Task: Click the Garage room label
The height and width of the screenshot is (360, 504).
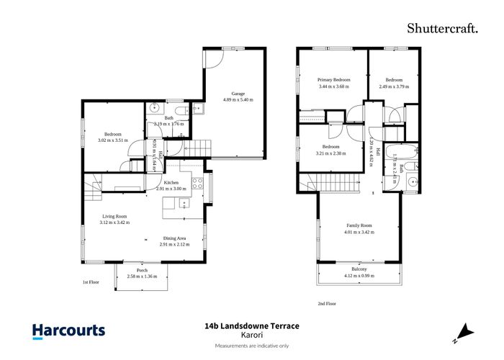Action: click(x=237, y=92)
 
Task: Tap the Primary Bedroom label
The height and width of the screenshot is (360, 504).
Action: click(x=333, y=80)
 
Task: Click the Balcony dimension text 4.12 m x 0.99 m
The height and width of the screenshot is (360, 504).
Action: click(x=360, y=276)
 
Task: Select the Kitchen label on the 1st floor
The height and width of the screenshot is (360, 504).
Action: click(x=171, y=182)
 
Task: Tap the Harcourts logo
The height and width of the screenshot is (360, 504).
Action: click(x=69, y=331)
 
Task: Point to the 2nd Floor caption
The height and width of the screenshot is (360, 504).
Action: click(x=327, y=304)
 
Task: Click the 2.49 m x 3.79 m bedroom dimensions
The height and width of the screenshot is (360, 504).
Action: click(x=394, y=86)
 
